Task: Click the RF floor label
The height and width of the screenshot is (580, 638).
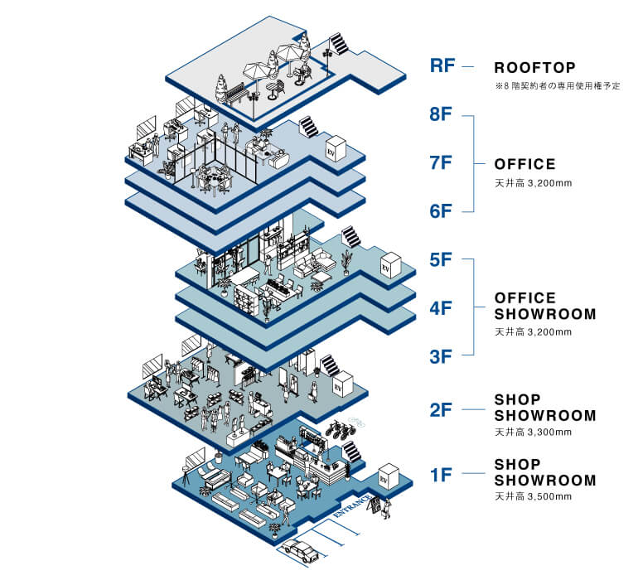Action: pyautogui.click(x=442, y=65)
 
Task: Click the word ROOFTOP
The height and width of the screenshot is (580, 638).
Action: pyautogui.click(x=534, y=67)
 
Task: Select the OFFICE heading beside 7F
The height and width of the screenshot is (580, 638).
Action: pyautogui.click(x=524, y=164)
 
